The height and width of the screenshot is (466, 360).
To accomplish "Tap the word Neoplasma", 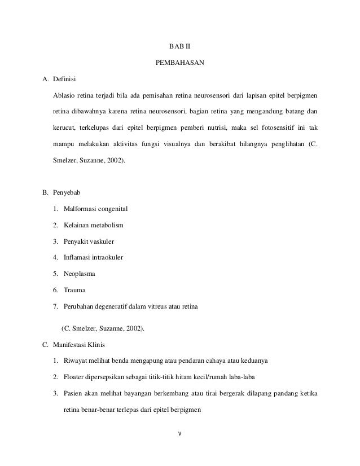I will (x=80, y=274).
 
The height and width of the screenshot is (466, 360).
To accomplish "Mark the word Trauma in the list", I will (x=74, y=290).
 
